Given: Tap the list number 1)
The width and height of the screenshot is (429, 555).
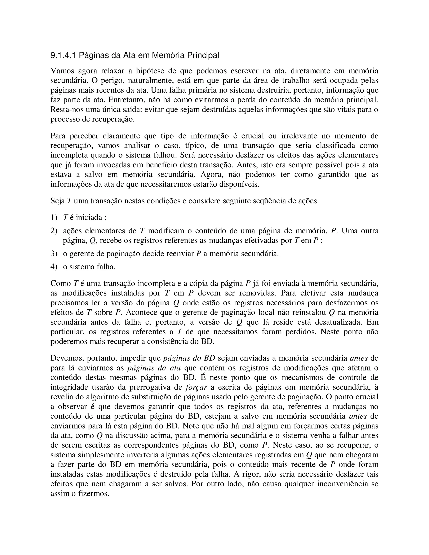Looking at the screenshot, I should tap(54, 218).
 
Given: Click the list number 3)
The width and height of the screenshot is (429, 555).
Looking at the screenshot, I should tap(54, 254).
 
